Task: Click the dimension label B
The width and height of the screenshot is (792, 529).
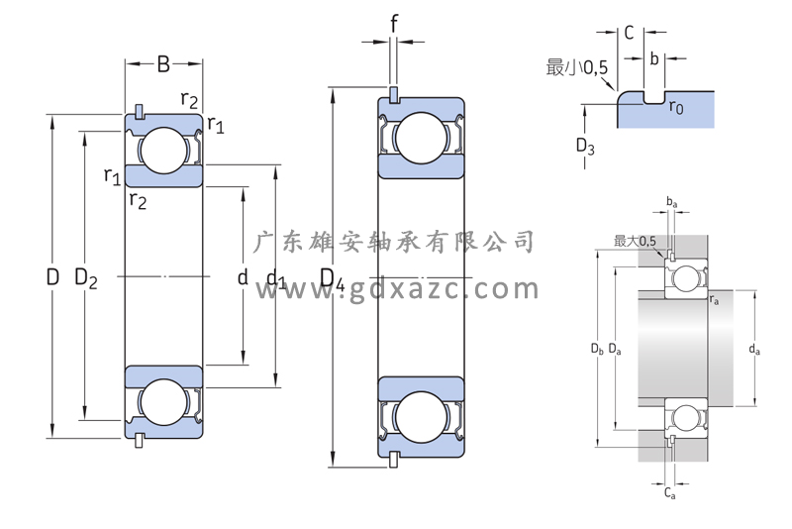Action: point(163,64)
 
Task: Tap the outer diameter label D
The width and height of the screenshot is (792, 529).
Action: point(52,276)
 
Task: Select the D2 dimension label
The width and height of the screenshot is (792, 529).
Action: point(86,278)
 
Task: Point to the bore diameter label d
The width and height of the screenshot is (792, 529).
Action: point(243,276)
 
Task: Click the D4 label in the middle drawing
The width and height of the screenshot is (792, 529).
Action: point(333,279)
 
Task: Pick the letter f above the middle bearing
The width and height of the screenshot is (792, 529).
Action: point(394,23)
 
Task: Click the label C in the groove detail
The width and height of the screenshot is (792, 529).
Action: point(629,33)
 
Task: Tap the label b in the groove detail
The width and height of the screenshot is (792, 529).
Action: point(654,58)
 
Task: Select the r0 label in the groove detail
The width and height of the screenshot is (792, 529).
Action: point(676,107)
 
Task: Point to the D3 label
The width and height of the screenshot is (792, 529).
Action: point(585,146)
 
